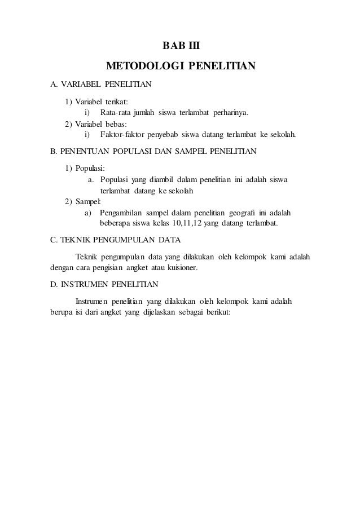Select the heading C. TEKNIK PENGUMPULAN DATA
pos(115,240)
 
